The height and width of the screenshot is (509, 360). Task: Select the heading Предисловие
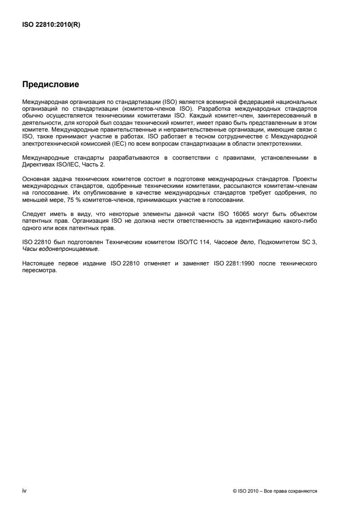(x=50, y=84)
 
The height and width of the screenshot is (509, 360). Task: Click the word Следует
(x=33, y=213)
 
